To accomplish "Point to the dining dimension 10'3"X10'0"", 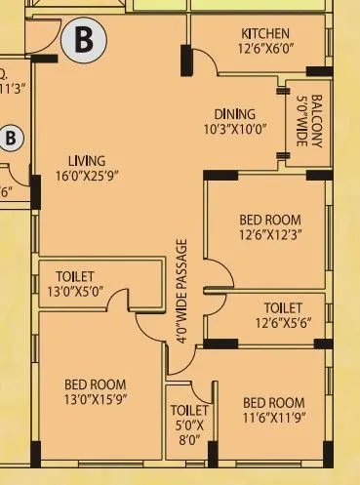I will pos(235,128).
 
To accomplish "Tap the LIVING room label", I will pos(87,161).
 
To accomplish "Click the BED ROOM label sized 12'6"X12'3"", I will pos(270,220).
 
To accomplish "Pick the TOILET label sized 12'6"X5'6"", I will pos(283,307).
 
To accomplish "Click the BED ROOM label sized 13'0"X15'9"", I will pos(96,384).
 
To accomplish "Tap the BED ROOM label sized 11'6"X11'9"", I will pos(274,403).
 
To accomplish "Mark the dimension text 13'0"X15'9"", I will pos(96,398).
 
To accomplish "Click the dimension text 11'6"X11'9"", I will pos(274,418).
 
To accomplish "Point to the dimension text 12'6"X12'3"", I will pos(270,234).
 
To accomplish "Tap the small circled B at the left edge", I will pos(11,138).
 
